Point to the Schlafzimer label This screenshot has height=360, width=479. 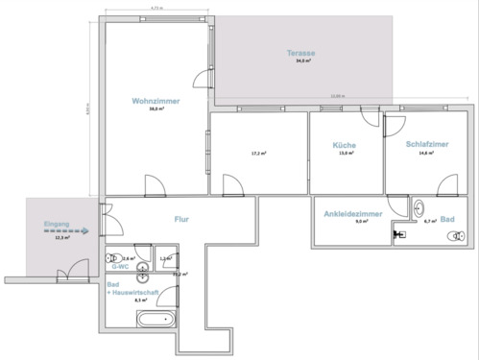click(426, 144)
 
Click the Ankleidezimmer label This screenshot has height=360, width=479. click(353, 212)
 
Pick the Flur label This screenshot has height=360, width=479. click(180, 219)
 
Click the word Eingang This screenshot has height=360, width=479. click(57, 224)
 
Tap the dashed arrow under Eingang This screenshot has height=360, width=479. click(65, 231)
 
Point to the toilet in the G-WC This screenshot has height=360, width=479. click(115, 258)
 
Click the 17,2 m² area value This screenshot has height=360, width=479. click(258, 153)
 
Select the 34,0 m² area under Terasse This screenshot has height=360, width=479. click(303, 60)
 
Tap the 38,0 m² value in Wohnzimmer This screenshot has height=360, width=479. click(155, 109)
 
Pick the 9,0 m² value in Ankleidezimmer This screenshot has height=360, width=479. click(361, 222)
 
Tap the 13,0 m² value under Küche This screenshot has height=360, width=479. click(346, 153)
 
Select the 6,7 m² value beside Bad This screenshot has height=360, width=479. click(430, 221)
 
